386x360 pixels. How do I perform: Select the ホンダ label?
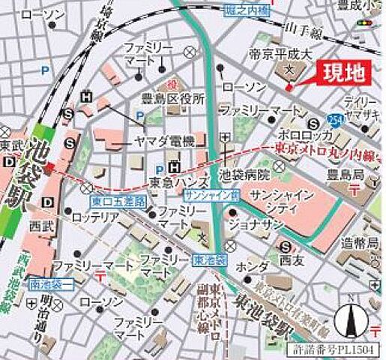pos(251,268)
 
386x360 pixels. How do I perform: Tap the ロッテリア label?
pos(95,217)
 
